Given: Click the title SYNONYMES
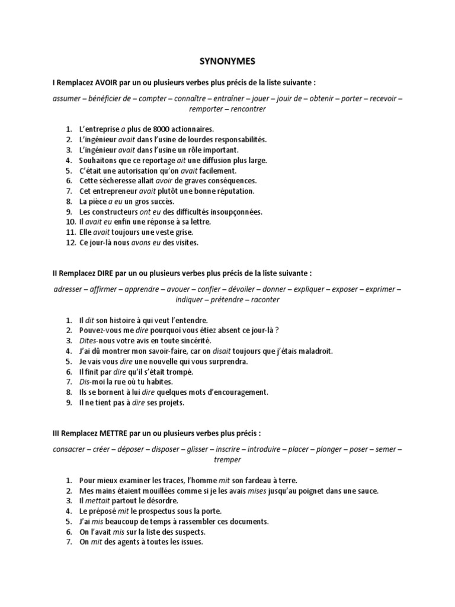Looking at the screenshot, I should click(227, 61).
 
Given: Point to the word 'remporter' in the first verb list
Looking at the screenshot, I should click(207, 109).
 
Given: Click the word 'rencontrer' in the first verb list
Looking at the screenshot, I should click(249, 109).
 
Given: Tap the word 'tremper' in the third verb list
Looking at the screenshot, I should click(227, 461).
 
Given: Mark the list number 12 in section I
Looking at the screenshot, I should click(70, 242).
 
